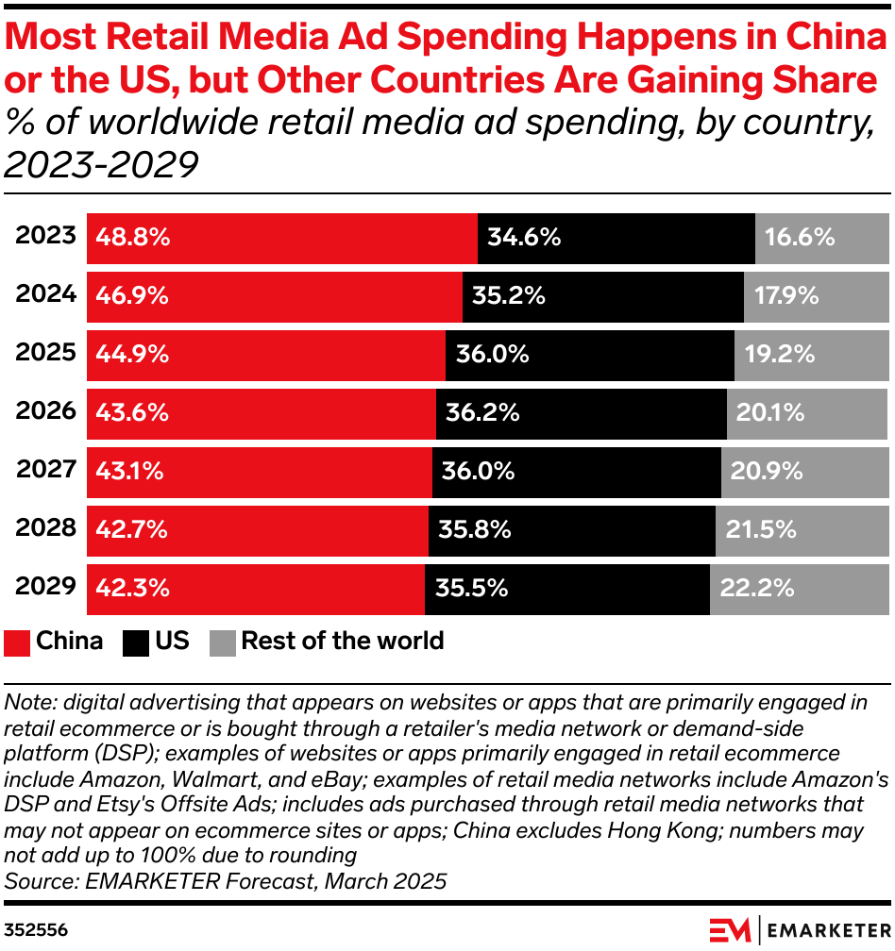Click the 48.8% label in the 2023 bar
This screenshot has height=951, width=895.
[x=133, y=238]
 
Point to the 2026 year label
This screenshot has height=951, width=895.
[x=45, y=411]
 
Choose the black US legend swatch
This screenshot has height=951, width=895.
[x=136, y=643]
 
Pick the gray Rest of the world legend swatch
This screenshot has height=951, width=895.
[x=222, y=643]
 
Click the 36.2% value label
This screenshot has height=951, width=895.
[x=482, y=413]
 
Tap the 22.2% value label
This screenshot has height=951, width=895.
[x=756, y=589]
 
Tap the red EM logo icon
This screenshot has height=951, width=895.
[x=730, y=929]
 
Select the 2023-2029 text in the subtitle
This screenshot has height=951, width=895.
[x=101, y=165]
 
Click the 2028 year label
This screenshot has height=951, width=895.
[x=45, y=528]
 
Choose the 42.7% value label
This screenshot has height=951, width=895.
[x=131, y=530]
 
